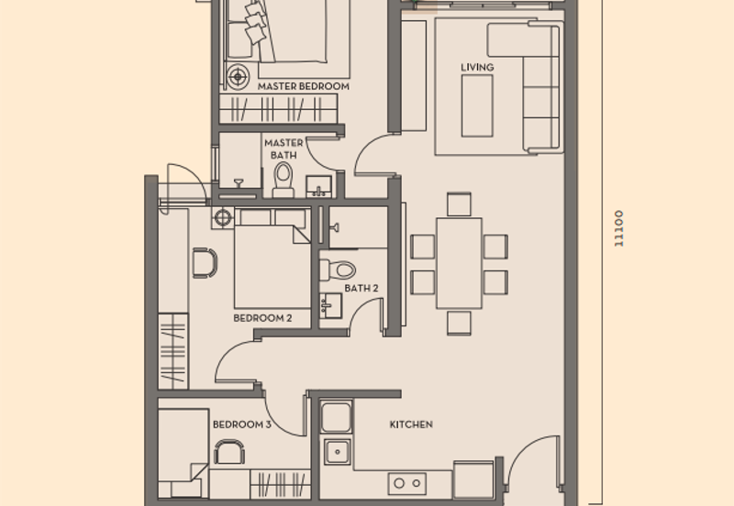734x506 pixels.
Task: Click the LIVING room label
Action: tap(477, 68)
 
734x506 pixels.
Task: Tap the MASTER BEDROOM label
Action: tap(304, 86)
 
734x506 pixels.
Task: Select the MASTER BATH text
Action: tap(284, 149)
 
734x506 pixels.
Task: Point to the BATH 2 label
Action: tap(361, 288)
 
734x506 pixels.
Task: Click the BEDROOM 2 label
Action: tap(262, 318)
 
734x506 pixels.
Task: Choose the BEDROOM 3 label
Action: tap(241, 425)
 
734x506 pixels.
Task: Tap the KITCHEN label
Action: tap(411, 425)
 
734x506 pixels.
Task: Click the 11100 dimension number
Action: tap(620, 228)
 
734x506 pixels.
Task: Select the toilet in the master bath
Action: tap(283, 181)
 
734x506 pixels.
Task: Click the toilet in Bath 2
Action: tap(338, 269)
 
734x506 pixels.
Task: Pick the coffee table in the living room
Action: tap(477, 105)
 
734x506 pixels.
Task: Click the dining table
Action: tap(459, 262)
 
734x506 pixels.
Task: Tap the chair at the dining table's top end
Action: tap(459, 203)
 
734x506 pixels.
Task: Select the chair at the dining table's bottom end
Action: tap(459, 322)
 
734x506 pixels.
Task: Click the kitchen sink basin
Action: tap(337, 451)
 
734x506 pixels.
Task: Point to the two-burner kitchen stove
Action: tap(406, 482)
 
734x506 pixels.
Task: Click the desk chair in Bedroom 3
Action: tap(229, 451)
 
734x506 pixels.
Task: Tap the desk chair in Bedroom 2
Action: tap(204, 263)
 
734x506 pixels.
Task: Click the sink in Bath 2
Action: tap(329, 306)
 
